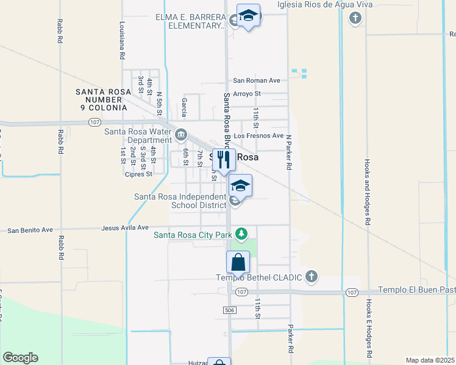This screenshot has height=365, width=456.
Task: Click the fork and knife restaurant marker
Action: (x=224, y=160)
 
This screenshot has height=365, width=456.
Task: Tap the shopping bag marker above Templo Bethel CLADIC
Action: (x=238, y=263)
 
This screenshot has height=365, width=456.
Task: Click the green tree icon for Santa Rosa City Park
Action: (x=242, y=234)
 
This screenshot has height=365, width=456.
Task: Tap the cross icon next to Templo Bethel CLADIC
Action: (x=312, y=277)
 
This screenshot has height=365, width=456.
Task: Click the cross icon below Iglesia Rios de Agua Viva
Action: (x=355, y=18)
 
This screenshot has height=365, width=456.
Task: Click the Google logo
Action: (x=20, y=358)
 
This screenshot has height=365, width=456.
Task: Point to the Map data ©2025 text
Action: (x=430, y=360)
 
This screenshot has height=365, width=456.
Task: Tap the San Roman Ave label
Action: (x=256, y=80)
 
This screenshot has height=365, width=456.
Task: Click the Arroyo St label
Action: (x=246, y=94)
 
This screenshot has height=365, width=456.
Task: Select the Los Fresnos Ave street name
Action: (x=258, y=136)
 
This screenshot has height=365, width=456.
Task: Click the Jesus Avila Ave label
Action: (x=126, y=228)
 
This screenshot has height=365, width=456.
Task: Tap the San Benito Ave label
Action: (x=30, y=230)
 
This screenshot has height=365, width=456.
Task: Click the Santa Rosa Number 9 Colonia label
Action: (x=102, y=100)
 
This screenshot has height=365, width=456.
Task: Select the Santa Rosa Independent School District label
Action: (x=180, y=201)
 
